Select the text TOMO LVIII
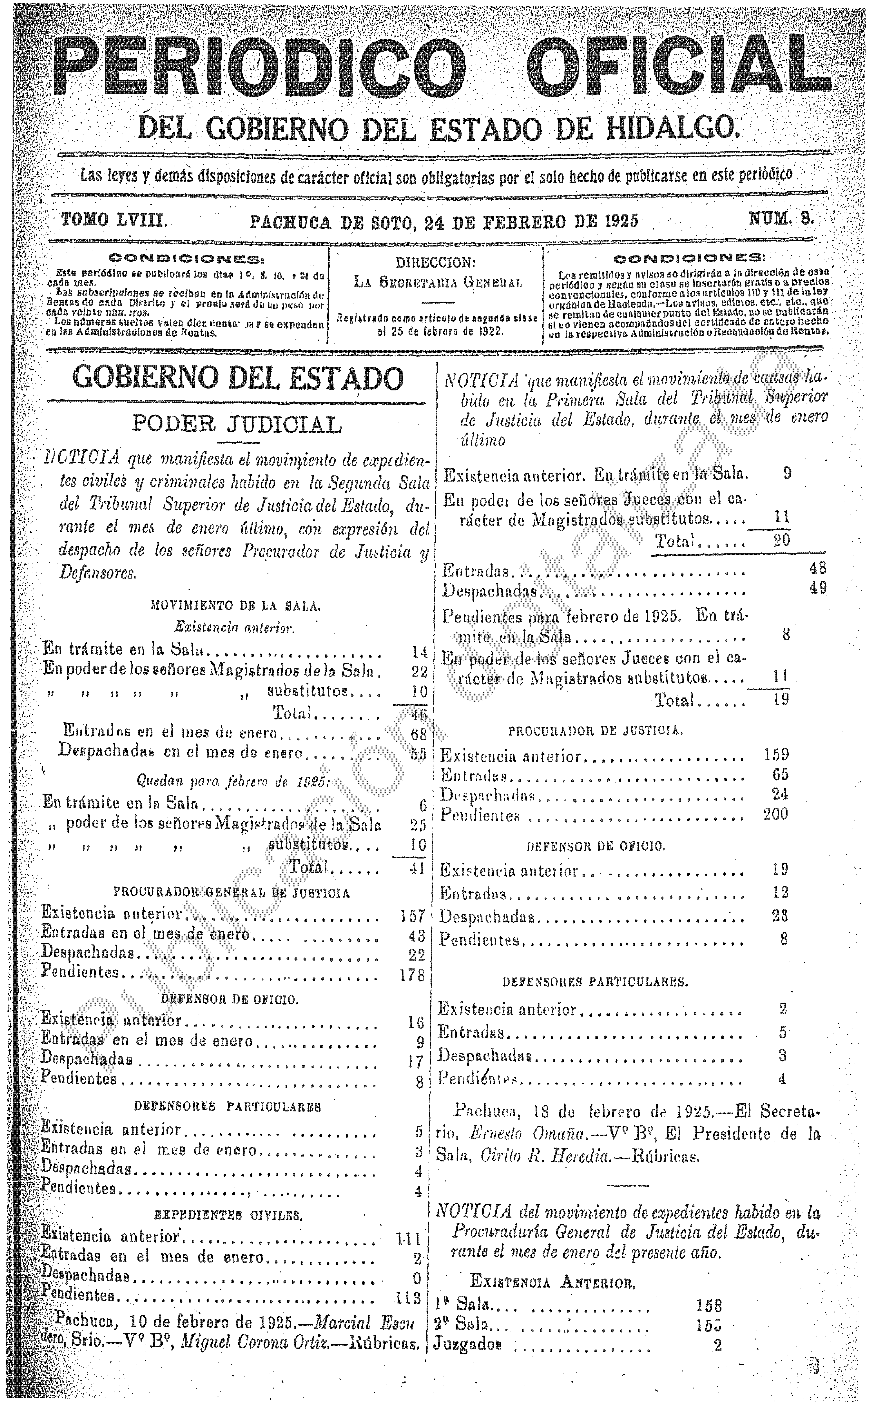click(x=114, y=220)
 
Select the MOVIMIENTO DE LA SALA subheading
click(x=235, y=606)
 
